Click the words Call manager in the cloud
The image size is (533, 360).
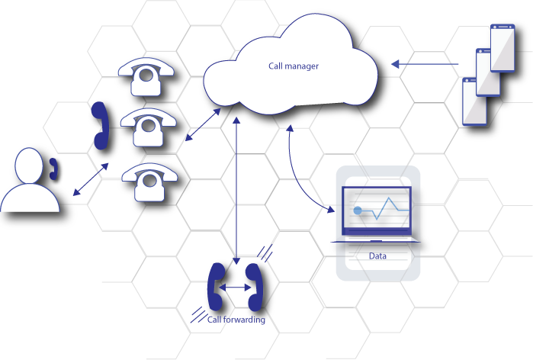click(x=293, y=66)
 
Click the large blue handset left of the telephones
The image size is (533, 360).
click(x=100, y=125)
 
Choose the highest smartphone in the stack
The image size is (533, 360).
click(x=502, y=47)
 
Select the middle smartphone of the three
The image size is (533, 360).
click(x=488, y=72)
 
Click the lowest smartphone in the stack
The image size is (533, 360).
click(x=474, y=101)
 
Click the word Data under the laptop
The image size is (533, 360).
click(x=377, y=256)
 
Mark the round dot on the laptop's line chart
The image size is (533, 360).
click(x=377, y=217)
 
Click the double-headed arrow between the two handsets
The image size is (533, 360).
click(x=235, y=288)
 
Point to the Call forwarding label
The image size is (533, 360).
click(x=233, y=320)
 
